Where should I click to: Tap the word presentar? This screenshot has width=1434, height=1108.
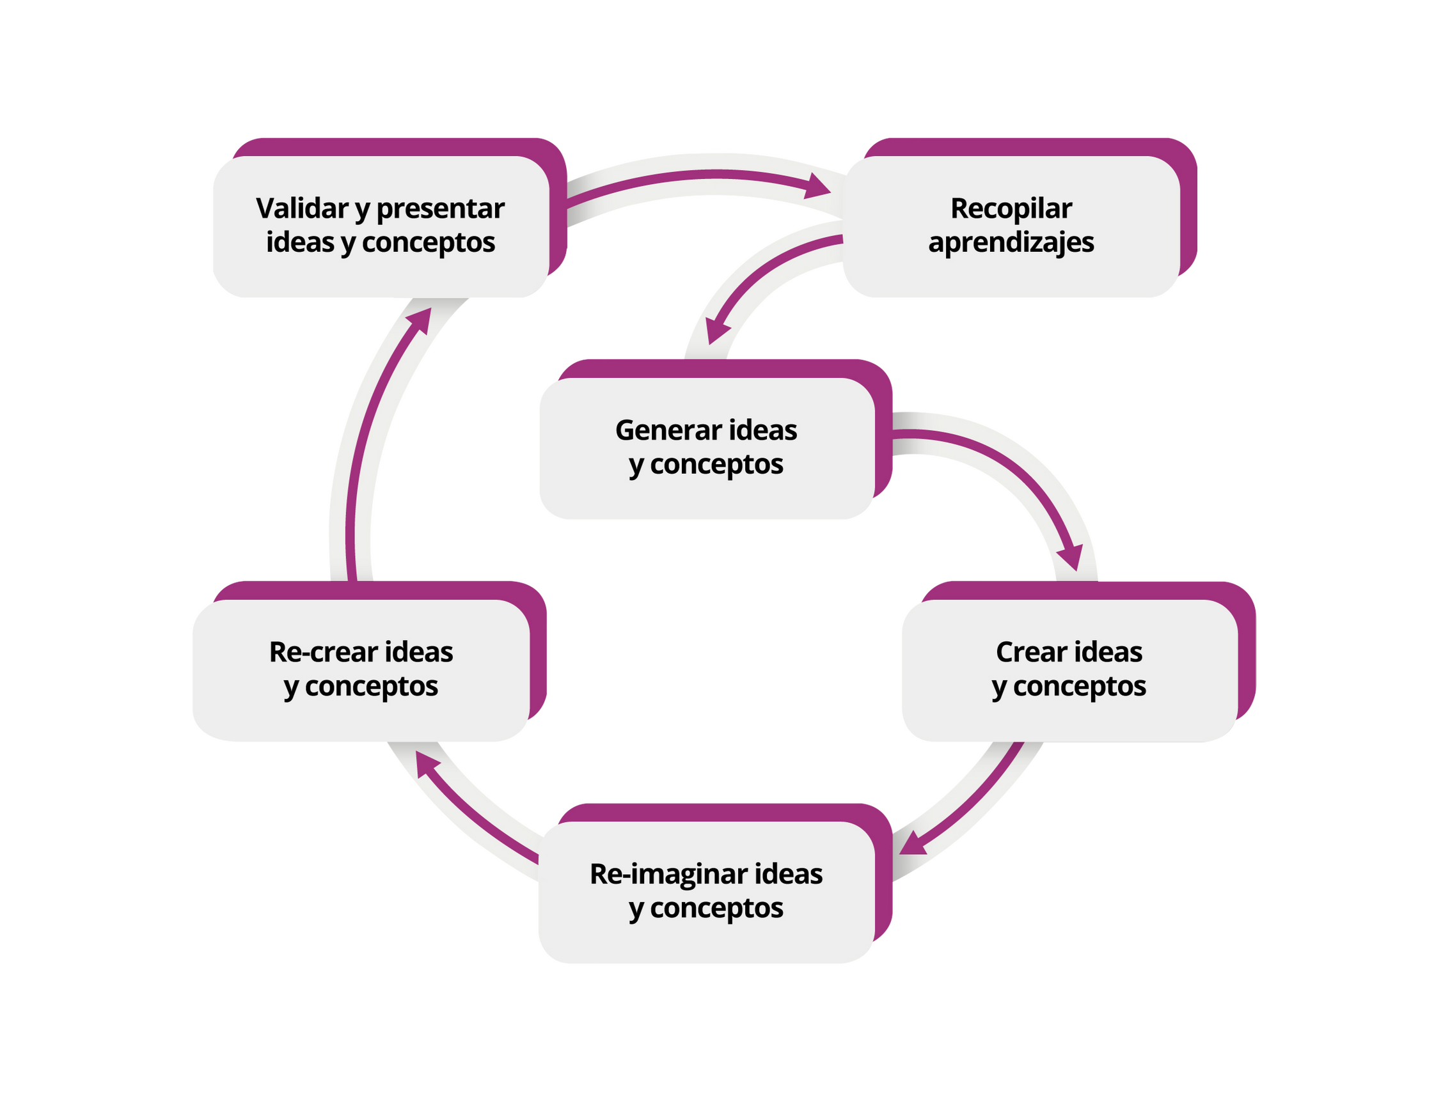pos(441,208)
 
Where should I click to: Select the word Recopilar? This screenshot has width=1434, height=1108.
pos(1011,208)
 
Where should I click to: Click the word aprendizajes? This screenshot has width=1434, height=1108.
pos(1011,242)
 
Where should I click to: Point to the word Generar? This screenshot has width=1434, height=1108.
pos(659,430)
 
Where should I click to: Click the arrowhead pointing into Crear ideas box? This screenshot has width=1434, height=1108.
pos(1069,558)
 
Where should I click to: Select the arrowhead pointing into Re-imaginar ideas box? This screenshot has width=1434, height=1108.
pos(913,844)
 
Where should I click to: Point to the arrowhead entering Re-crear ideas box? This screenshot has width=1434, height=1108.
pos(427,765)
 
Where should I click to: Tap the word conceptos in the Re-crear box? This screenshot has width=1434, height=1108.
pos(372,687)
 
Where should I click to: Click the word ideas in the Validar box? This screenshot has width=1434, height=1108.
pos(300,242)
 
